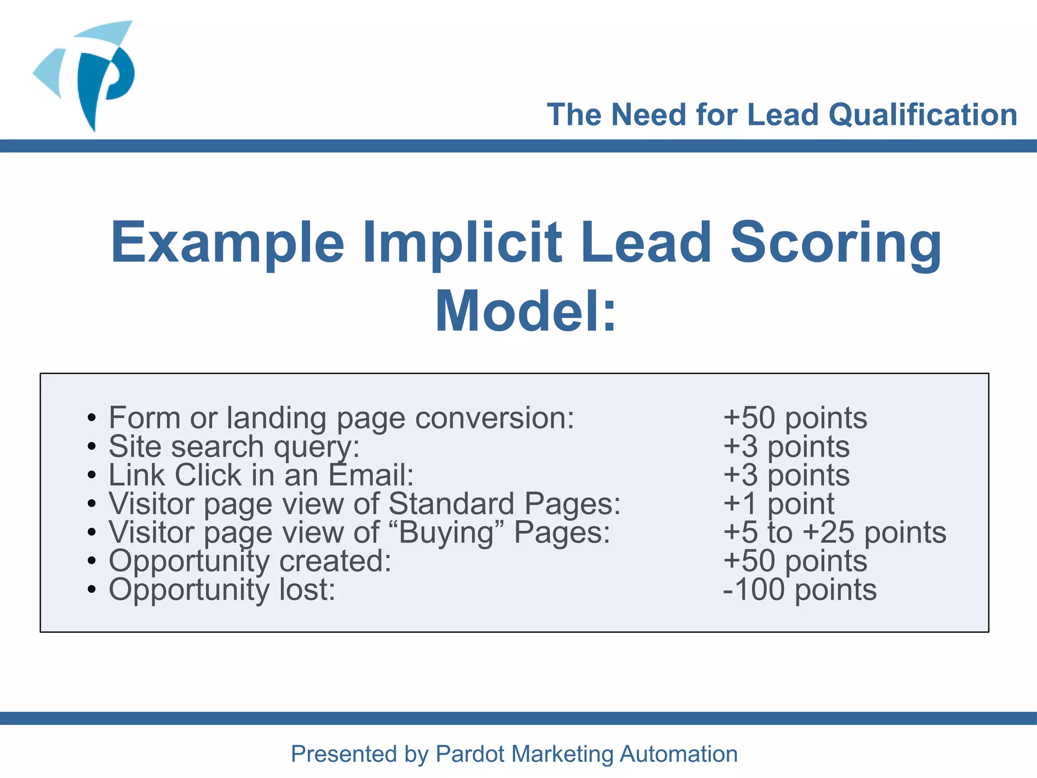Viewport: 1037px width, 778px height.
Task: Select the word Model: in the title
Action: point(526,311)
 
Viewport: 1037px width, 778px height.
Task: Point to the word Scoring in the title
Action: point(835,243)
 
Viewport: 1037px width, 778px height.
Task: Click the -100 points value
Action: point(800,590)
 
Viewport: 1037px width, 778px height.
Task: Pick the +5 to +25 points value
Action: point(834,532)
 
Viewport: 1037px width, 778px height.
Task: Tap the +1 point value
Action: point(779,504)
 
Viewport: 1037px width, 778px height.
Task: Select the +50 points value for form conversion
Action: point(795,418)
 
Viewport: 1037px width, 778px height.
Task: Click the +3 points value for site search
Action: point(786,447)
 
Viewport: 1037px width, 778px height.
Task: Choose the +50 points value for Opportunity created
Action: point(795,561)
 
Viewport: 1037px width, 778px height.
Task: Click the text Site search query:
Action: point(234,447)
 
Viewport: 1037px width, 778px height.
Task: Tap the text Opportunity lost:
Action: point(222,590)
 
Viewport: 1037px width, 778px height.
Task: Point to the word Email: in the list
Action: point(371,475)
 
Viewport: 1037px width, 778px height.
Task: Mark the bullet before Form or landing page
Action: point(91,418)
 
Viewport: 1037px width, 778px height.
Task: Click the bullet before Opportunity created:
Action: point(91,561)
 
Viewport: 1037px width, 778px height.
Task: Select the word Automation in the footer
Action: point(679,754)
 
